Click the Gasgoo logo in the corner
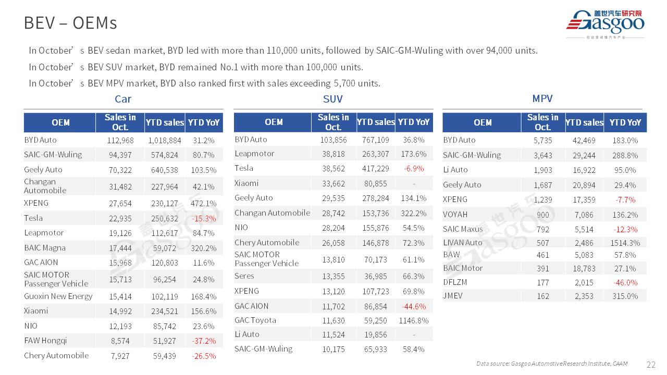click(x=605, y=23)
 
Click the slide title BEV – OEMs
click(x=70, y=23)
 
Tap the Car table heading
click(x=123, y=99)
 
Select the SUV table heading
click(x=333, y=99)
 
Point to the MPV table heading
click(x=542, y=98)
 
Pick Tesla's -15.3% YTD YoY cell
click(x=204, y=218)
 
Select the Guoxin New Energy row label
click(x=58, y=296)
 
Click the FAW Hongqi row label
click(x=45, y=341)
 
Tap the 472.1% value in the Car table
click(x=204, y=203)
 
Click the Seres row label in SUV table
click(x=244, y=276)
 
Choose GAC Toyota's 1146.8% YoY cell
click(x=414, y=320)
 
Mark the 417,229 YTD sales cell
click(x=376, y=168)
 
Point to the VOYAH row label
click(x=455, y=214)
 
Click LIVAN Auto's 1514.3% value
click(x=625, y=243)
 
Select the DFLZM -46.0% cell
click(x=625, y=282)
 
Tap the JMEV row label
click(x=453, y=295)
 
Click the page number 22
click(x=651, y=365)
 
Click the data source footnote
click(x=552, y=364)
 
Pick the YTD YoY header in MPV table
click(x=625, y=122)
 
